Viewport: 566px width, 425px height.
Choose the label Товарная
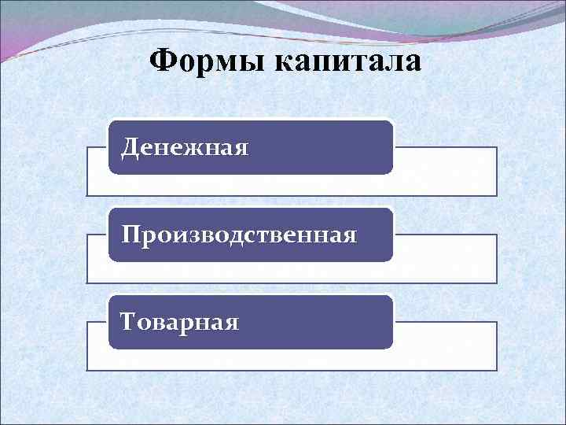179,322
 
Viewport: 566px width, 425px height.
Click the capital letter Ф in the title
161,61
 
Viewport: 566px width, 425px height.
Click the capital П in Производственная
130,235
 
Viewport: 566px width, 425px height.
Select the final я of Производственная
349,236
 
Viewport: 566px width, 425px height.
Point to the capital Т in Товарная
128,322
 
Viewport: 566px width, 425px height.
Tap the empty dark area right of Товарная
314,322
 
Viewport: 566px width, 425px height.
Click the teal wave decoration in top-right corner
503,16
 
